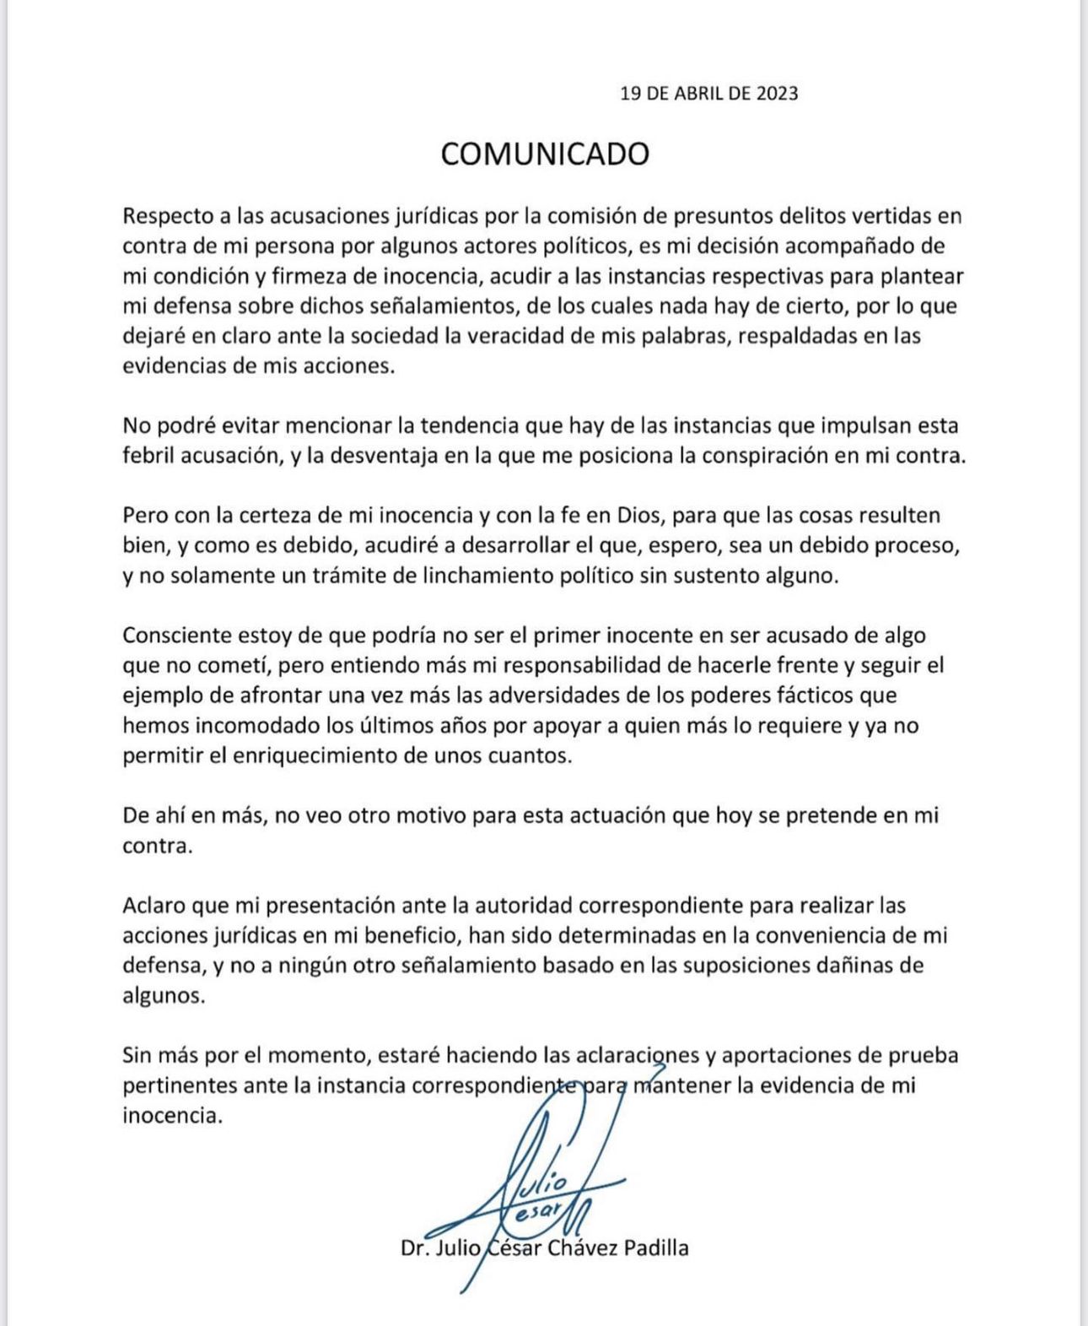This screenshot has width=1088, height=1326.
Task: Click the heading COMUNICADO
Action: [545, 154]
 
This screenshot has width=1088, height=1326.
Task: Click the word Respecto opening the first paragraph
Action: [165, 216]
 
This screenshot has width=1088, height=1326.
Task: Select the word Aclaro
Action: [154, 906]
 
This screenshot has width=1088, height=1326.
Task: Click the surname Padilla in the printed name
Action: [655, 1248]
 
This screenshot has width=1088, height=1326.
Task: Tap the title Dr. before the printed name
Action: [417, 1248]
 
